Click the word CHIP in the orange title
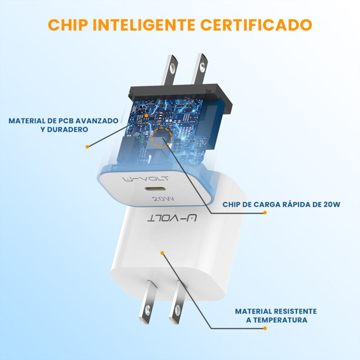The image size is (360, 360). [x=68, y=25]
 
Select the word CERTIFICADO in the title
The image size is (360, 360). [x=256, y=25]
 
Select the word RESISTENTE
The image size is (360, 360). [x=295, y=311]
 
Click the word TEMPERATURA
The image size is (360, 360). [x=280, y=320]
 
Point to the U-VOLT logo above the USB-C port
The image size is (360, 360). [x=145, y=179]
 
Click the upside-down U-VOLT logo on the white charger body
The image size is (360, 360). [x=172, y=218]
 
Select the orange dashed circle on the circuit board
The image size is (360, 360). [x=162, y=138]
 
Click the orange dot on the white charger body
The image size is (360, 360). [x=162, y=253]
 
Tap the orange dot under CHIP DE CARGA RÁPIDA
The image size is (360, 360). [x=265, y=212]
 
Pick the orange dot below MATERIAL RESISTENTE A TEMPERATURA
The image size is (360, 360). [x=265, y=328]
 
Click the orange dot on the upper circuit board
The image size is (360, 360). [x=147, y=115]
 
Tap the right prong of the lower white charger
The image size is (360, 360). [x=177, y=302]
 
